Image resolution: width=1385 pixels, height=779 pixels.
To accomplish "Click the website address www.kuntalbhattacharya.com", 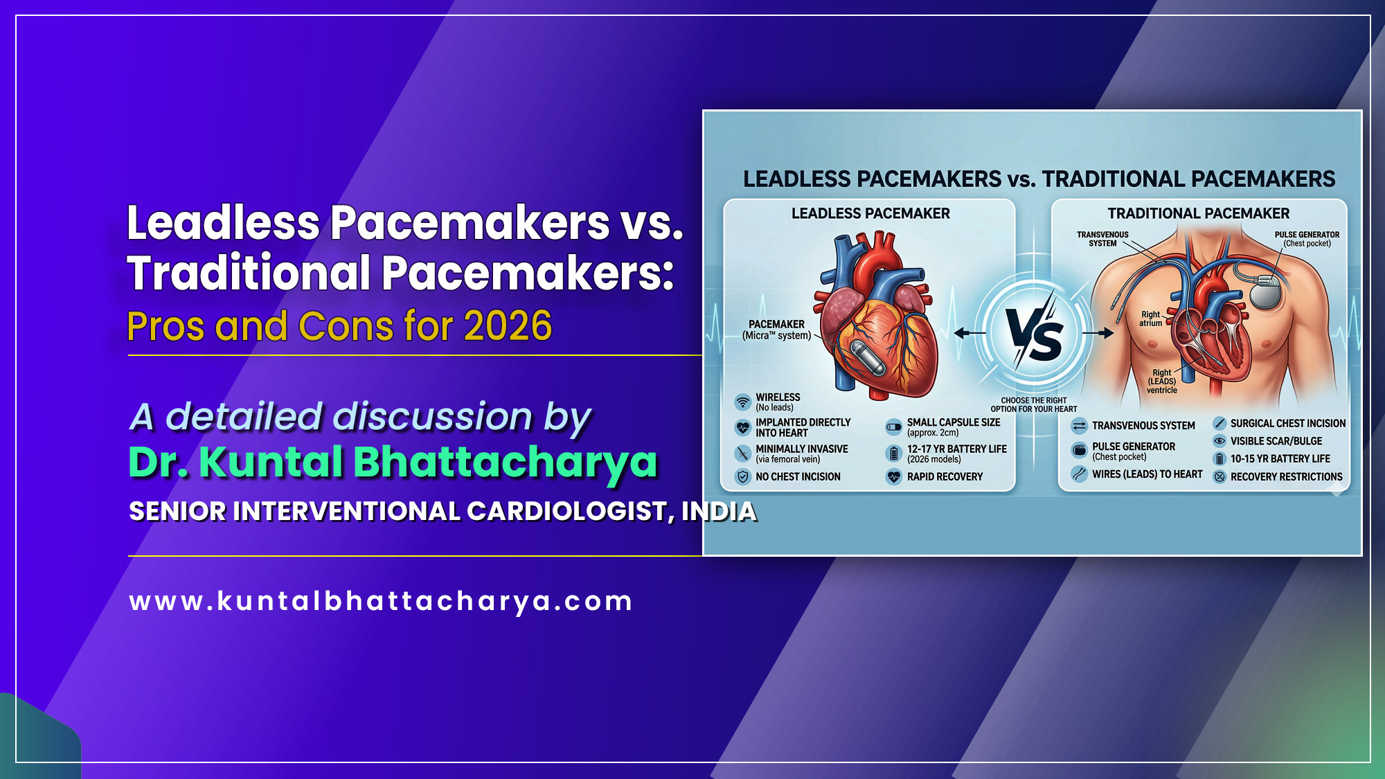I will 381,601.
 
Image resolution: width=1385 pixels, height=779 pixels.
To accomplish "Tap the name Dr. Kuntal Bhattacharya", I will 393,462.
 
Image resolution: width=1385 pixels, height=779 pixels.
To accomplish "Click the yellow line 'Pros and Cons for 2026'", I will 339,326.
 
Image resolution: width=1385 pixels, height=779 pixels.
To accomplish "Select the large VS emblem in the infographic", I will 1034,334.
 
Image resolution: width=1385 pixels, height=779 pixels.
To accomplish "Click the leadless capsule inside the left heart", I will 868,358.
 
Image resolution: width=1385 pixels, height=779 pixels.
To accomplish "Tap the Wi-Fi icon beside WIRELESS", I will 742,402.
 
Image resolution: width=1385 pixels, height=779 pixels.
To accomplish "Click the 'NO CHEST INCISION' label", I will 798,477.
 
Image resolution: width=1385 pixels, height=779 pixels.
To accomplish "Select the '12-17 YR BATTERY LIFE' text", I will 957,449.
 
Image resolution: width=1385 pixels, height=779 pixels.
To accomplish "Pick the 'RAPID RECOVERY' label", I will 945,477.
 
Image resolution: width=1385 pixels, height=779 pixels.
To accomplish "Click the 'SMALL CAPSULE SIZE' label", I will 954,422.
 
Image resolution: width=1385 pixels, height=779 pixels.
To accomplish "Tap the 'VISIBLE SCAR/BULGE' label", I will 1276,441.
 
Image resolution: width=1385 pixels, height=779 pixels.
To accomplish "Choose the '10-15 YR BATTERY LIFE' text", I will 1280,459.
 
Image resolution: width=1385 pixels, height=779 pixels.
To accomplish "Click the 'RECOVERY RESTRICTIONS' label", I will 1286,477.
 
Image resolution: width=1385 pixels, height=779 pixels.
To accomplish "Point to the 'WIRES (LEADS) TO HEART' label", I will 1147,474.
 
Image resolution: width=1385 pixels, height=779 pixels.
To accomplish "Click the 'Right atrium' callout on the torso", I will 1150,319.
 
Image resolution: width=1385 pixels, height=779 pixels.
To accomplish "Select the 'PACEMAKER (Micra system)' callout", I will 776,330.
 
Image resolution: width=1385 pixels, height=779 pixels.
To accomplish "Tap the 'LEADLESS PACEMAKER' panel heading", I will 870,213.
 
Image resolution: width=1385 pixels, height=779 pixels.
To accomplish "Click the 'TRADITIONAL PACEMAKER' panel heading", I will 1198,213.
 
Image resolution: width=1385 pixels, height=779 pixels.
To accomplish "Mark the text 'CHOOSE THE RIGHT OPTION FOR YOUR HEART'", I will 1033,405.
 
